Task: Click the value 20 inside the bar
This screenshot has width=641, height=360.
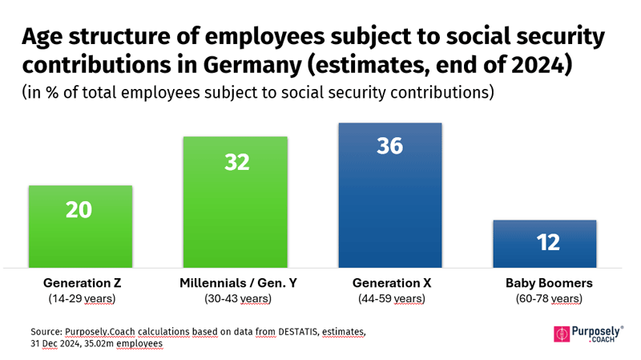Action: point(79,210)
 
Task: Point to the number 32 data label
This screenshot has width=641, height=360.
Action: point(236,163)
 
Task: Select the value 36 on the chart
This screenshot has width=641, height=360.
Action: point(390,148)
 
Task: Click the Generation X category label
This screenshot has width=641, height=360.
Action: point(390,283)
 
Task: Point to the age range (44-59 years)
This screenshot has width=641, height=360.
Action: point(390,299)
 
